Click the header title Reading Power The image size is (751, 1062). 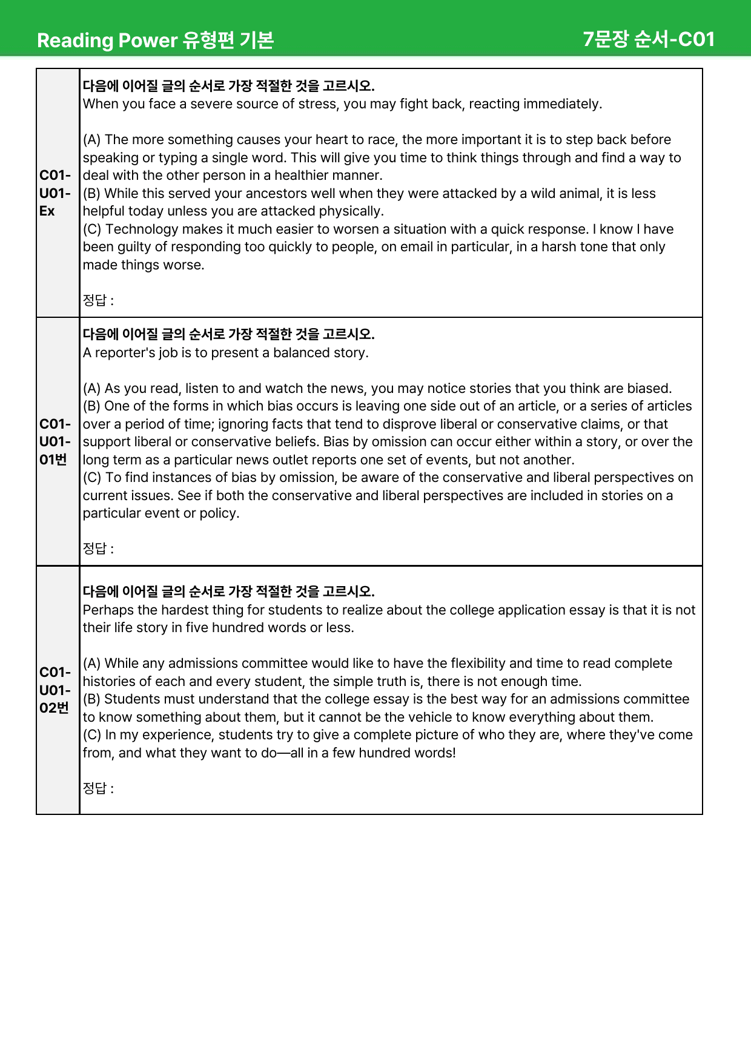(x=107, y=40)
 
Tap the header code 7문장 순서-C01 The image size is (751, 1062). (x=649, y=39)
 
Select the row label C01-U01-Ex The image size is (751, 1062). (x=55, y=193)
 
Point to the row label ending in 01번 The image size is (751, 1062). (x=55, y=442)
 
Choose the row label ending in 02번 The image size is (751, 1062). (x=55, y=690)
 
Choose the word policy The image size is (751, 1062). (x=220, y=513)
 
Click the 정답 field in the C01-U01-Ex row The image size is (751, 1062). (x=99, y=300)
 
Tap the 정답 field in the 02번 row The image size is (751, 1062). (x=99, y=788)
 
